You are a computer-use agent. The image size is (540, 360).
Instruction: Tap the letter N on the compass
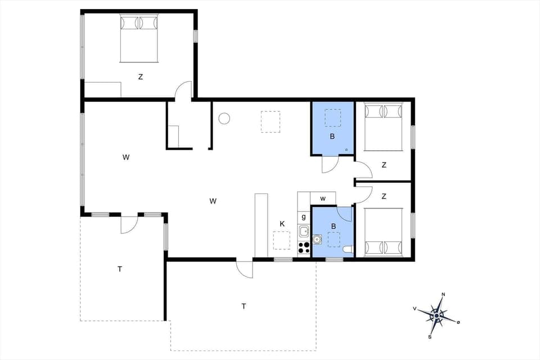(443, 295)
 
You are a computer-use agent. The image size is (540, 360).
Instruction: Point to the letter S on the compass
(430, 337)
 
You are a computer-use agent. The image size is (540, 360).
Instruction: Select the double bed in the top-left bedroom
(139, 38)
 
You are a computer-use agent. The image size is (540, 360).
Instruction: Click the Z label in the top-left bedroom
(141, 77)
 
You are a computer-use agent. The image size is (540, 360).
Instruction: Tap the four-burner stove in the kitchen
(304, 248)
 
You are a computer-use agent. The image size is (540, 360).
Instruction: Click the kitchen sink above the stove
(304, 231)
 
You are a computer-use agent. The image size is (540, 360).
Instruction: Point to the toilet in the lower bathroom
(348, 250)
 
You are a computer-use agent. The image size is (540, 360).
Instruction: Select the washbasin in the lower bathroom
(317, 240)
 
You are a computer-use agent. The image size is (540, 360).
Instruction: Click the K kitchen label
(282, 224)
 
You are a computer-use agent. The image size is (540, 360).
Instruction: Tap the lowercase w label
(323, 199)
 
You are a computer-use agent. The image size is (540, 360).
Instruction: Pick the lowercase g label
(304, 217)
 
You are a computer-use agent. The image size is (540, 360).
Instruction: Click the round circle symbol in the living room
(224, 119)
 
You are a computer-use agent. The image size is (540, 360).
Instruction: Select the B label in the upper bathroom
(332, 137)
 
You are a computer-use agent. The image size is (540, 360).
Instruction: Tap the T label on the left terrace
(120, 269)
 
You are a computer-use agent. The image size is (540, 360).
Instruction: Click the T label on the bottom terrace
(244, 307)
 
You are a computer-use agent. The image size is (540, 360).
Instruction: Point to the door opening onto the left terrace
(129, 223)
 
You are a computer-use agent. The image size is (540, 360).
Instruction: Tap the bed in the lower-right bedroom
(384, 231)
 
